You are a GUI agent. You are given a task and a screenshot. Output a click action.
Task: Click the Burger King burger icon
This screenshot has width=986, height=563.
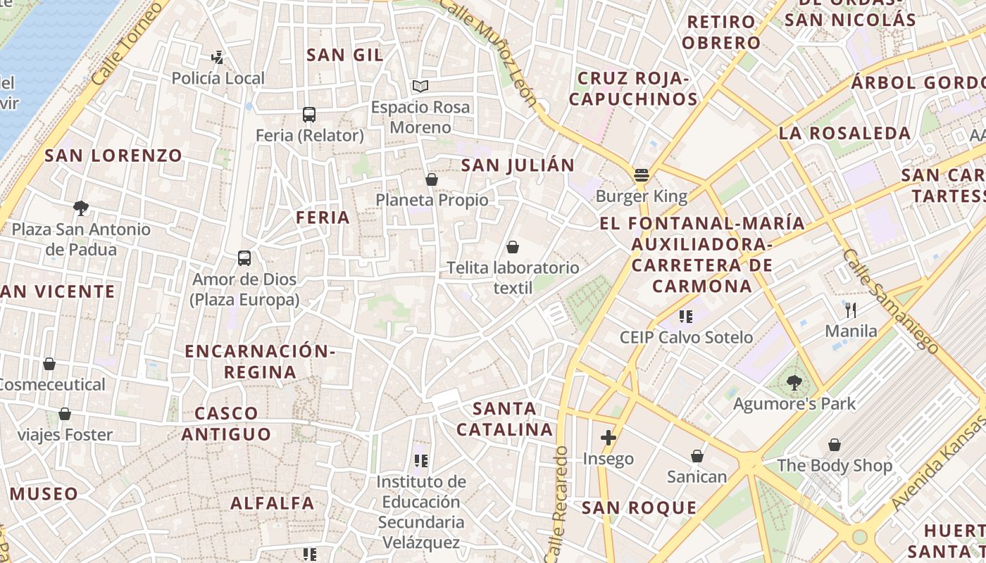641,175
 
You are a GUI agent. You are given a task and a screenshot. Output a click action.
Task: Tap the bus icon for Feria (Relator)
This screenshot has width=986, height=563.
308,115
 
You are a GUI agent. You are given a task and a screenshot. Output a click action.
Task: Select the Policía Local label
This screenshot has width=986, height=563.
218,78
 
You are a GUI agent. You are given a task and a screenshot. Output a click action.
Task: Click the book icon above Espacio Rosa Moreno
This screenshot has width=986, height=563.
420,87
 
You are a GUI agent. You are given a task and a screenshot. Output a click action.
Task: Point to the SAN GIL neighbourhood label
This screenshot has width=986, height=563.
345,55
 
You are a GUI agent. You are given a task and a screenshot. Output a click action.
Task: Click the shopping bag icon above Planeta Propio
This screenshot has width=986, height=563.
432,180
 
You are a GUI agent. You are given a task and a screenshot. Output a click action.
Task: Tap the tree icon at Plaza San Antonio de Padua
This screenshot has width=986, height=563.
81,208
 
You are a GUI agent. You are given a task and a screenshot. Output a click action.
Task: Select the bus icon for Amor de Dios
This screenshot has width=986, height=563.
244,258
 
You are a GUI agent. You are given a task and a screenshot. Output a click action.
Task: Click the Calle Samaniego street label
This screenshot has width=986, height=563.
890,301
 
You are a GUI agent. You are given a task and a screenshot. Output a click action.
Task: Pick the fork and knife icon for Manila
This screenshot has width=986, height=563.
851,310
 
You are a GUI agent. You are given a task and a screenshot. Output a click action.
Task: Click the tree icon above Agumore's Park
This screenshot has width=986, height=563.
794,383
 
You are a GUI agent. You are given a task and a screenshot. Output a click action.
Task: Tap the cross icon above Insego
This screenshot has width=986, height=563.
609,438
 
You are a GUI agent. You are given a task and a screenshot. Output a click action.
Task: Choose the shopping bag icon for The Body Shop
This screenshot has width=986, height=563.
835,445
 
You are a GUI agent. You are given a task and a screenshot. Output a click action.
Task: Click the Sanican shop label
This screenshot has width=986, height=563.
697,477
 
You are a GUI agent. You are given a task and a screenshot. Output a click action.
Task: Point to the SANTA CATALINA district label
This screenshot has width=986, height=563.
504,419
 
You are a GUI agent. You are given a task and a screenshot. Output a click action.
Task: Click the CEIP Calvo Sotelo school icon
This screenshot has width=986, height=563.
686,317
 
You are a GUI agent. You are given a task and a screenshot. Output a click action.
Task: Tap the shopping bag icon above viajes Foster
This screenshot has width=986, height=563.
65,414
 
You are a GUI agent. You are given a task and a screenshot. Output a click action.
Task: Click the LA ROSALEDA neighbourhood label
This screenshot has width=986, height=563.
844,133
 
